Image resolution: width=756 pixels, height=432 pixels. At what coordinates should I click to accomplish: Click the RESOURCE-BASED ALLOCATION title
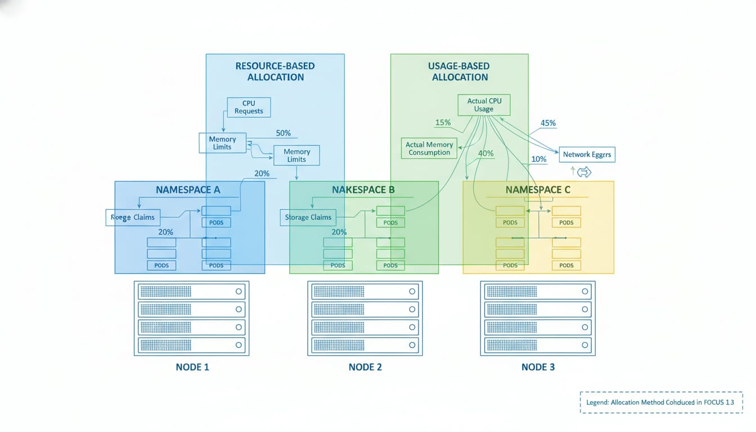click(x=275, y=71)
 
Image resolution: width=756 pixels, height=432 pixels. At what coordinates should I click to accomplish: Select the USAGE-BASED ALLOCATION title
click(x=460, y=71)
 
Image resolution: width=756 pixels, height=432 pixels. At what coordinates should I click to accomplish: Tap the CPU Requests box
click(x=249, y=107)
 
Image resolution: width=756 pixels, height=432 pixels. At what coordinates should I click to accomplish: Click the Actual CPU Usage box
click(x=484, y=105)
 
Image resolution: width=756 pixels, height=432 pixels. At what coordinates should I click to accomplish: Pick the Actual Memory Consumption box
click(x=429, y=148)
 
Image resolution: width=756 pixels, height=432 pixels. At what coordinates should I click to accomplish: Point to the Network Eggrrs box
click(x=587, y=154)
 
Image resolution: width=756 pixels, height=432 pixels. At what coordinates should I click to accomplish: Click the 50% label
click(x=283, y=133)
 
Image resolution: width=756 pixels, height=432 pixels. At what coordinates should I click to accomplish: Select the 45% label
click(x=548, y=123)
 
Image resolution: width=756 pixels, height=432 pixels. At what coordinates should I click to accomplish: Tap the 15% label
click(x=443, y=123)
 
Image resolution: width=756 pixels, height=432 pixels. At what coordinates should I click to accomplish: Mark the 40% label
click(x=485, y=154)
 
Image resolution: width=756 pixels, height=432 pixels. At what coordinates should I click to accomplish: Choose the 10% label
click(x=538, y=159)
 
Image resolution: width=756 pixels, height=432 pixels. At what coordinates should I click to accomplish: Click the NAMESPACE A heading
click(x=188, y=190)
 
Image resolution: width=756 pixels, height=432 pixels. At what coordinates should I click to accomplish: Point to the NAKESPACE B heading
click(x=363, y=190)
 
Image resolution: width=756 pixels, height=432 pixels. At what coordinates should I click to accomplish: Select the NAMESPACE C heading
click(x=538, y=190)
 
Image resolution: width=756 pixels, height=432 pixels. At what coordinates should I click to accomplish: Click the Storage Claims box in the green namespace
click(x=308, y=217)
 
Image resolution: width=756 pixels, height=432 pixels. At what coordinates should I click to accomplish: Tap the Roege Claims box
click(x=133, y=217)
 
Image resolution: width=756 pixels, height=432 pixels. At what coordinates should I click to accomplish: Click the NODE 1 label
click(x=192, y=367)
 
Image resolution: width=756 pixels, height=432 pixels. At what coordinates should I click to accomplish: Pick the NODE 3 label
click(x=538, y=367)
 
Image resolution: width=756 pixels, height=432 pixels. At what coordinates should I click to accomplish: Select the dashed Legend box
click(x=661, y=402)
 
